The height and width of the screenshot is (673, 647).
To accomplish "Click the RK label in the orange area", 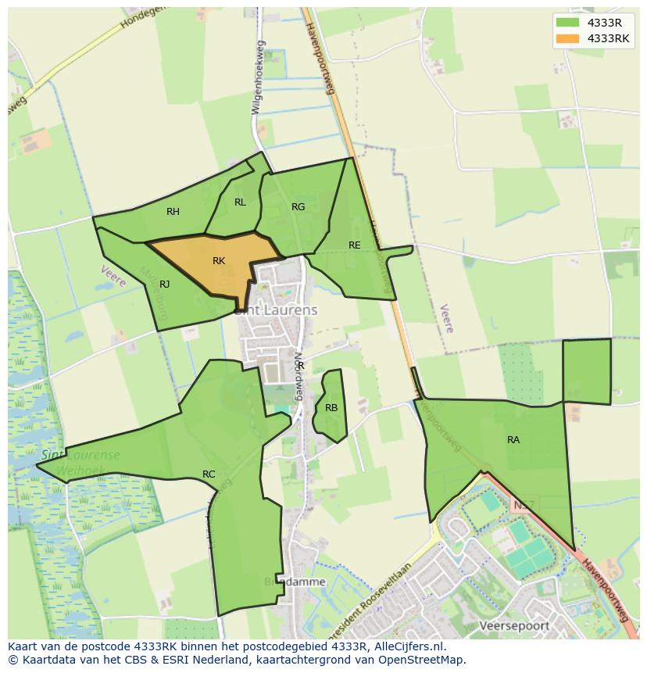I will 219,261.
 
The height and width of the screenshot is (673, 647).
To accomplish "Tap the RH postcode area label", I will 173,212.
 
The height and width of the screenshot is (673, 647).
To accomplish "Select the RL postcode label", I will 240,202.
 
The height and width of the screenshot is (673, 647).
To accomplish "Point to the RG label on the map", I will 298,207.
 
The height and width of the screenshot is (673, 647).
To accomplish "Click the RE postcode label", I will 355,245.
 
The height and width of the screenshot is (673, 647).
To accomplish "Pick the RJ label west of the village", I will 164,285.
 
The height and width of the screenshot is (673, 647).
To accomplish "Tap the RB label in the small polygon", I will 331,408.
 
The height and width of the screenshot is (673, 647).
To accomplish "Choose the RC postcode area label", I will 209,474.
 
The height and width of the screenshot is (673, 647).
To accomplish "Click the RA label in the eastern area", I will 513,440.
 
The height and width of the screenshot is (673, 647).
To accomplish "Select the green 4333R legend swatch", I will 567,23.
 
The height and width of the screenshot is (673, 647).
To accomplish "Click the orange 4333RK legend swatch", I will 567,38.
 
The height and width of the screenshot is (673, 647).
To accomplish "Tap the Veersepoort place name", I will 514,626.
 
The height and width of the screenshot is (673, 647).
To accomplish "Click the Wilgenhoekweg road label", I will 258,78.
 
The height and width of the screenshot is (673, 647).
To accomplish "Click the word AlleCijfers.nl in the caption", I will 406,647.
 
